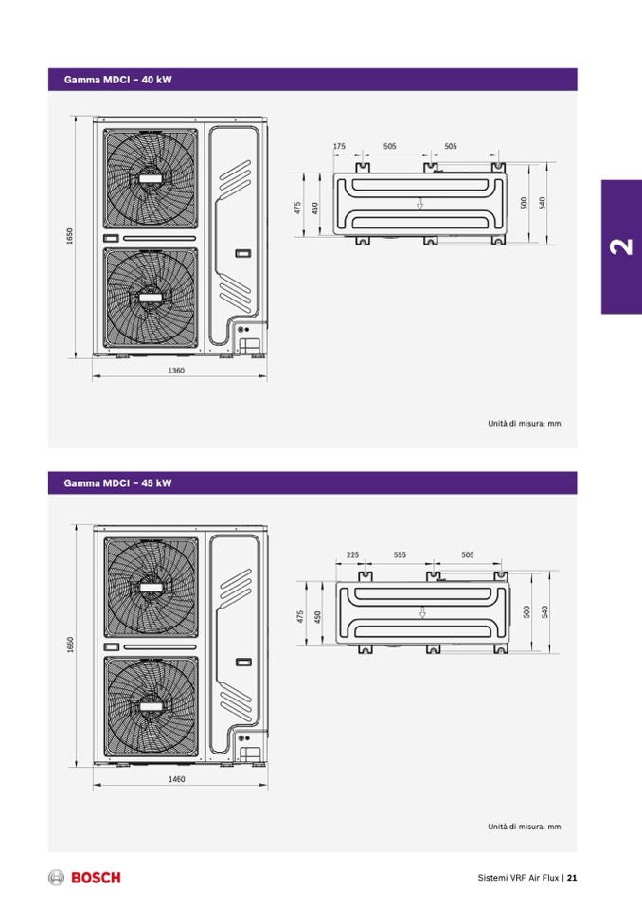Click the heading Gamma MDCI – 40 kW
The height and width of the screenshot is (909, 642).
pos(118,80)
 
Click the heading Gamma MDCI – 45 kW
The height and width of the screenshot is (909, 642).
pos(118,482)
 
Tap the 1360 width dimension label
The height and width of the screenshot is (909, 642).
pos(176,371)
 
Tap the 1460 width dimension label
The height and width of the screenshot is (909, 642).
pos(176,779)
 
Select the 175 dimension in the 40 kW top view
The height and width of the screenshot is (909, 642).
pos(339,146)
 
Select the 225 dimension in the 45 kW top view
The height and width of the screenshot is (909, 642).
pos(352,554)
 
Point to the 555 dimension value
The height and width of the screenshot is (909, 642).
pos(400,554)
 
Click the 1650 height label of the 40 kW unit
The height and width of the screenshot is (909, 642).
pos(70,236)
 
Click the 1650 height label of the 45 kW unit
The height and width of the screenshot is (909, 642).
pos(70,645)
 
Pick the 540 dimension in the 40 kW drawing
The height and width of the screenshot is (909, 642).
pos(543,203)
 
